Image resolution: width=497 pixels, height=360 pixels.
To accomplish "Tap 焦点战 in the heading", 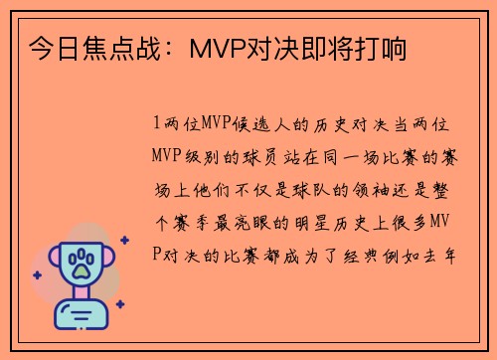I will point(113,47).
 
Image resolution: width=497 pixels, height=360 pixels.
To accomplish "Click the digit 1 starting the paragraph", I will point(157,124).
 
